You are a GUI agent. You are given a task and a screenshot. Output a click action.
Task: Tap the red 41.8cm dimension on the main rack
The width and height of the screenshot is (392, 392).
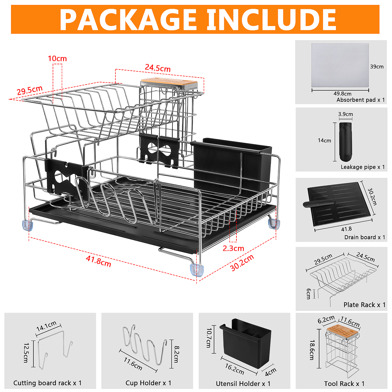tap(98, 261)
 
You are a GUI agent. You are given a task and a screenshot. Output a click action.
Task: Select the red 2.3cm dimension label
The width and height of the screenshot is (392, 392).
tap(233, 248)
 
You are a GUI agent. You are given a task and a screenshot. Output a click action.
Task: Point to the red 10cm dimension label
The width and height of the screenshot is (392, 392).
tap(57, 58)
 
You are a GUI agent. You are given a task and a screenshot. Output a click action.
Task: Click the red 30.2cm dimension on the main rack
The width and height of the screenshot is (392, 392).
tap(242, 263)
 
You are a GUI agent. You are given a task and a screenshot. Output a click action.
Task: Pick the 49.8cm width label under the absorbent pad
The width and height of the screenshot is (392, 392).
tap(342, 94)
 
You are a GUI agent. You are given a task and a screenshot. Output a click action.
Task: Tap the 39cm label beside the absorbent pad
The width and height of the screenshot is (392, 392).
tap(377, 66)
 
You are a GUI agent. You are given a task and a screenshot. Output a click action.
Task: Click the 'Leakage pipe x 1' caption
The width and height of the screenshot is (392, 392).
tap(363, 167)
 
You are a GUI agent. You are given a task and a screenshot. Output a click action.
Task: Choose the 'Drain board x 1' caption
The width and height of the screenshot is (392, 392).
tap(364, 237)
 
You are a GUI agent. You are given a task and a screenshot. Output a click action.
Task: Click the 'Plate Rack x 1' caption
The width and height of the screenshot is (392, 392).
tap(364, 305)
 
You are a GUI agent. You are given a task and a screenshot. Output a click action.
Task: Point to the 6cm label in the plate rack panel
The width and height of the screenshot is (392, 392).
tap(309, 294)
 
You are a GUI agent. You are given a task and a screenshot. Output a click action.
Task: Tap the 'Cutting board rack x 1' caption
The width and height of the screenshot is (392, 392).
tap(47, 383)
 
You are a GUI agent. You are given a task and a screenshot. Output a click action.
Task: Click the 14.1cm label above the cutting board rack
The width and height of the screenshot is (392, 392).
tap(47, 326)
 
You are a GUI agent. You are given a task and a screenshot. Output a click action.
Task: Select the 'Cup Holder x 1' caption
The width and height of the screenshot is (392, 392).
tap(148, 383)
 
